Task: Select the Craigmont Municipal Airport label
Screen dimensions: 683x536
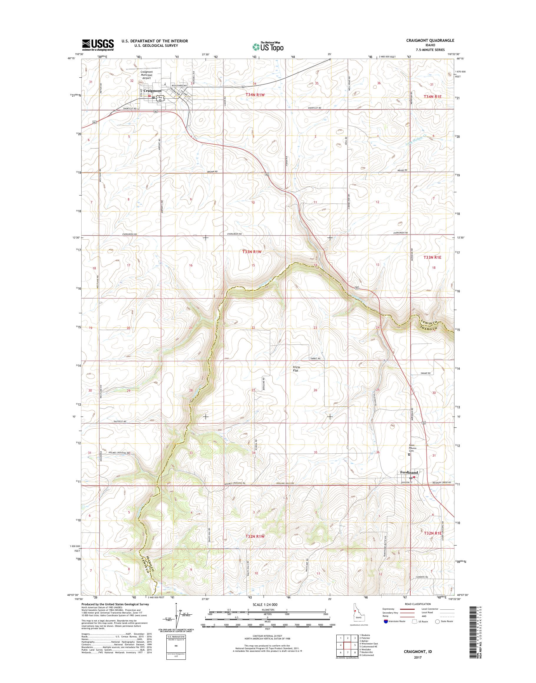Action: [147, 75]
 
